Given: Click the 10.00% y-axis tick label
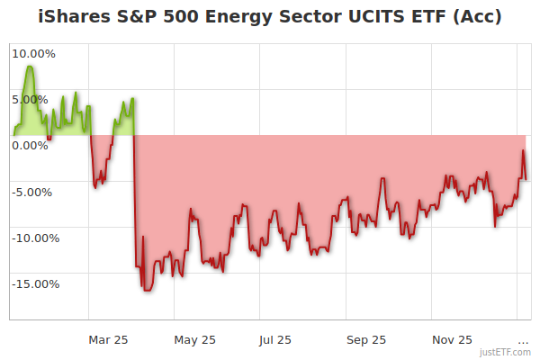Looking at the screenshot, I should click(x=33, y=53).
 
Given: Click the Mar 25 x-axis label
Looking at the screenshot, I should click(x=108, y=339).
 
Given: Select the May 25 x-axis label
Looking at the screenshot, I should click(x=195, y=339).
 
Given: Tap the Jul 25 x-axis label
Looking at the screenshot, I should click(x=275, y=339).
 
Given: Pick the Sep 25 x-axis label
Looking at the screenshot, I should click(x=366, y=339).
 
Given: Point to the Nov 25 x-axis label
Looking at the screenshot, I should click(x=452, y=339).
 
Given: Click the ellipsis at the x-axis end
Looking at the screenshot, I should click(x=523, y=340).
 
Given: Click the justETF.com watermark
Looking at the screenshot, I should click(x=505, y=352).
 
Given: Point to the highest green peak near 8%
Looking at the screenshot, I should click(x=31, y=67).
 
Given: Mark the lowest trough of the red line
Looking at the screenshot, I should click(x=146, y=289).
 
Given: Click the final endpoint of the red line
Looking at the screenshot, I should click(x=526, y=178).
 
